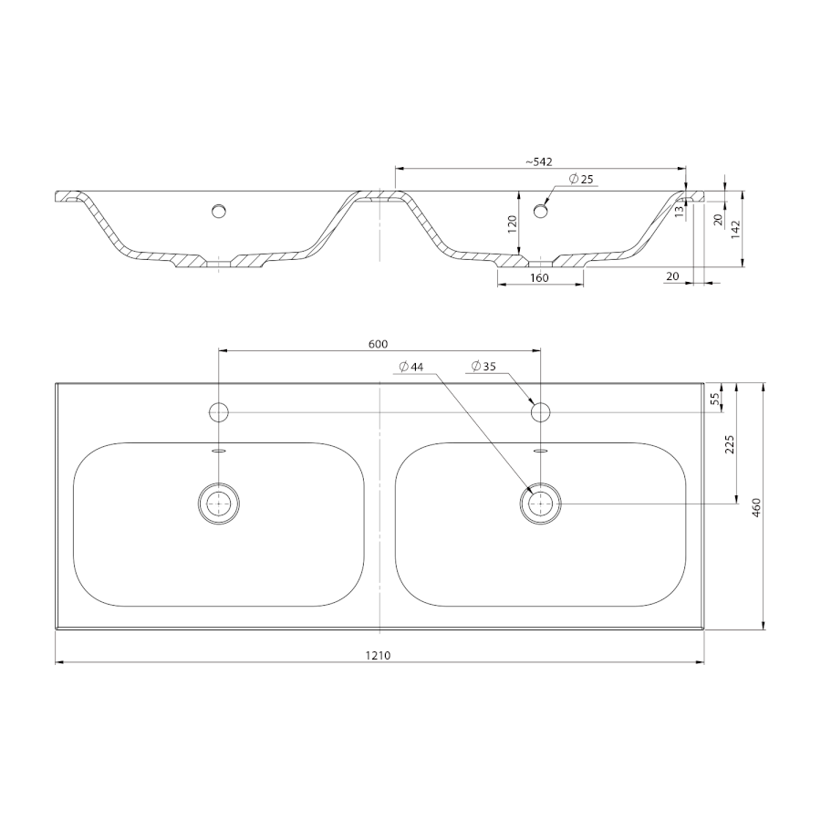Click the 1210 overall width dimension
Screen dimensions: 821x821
(x=378, y=655)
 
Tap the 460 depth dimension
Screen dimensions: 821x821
(x=755, y=507)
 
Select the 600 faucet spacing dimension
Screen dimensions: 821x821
(x=378, y=344)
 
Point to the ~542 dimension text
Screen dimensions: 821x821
(x=539, y=161)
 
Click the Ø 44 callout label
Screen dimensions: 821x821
(x=411, y=367)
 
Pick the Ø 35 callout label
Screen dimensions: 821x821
(x=483, y=367)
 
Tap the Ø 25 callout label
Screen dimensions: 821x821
(x=581, y=179)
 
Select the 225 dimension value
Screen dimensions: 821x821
(x=731, y=444)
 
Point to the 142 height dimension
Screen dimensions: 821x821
(x=734, y=229)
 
